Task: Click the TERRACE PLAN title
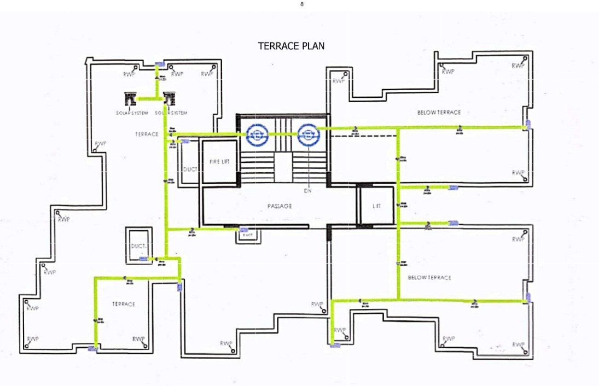click(x=291, y=46)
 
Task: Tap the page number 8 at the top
click(x=301, y=4)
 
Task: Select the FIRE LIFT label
click(x=220, y=162)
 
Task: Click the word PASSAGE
click(x=280, y=206)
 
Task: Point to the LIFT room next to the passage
click(x=376, y=206)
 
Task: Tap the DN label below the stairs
click(x=307, y=191)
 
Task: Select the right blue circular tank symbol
click(x=308, y=134)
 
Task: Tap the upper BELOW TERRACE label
click(x=439, y=113)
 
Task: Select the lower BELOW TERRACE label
click(x=429, y=278)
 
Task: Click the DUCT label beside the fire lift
click(x=190, y=171)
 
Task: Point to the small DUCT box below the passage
click(x=247, y=235)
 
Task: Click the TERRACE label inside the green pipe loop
click(x=124, y=304)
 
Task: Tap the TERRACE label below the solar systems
click(x=147, y=134)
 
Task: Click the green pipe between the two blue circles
click(x=282, y=134)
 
